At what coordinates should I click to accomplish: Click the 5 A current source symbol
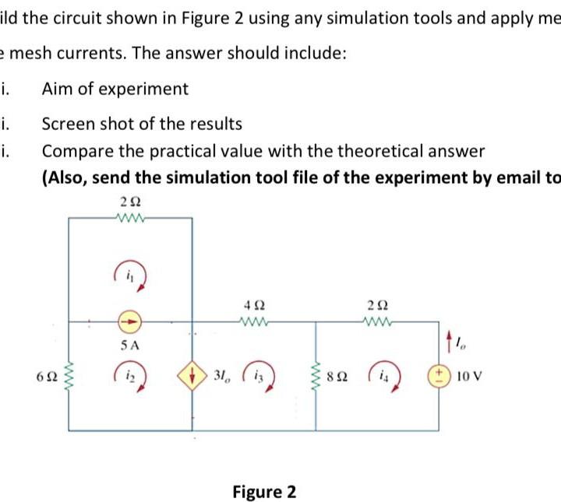click(x=130, y=320)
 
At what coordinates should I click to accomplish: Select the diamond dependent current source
click(x=192, y=376)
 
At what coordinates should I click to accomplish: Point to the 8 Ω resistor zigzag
click(x=316, y=377)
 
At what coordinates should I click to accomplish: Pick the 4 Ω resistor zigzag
click(x=254, y=319)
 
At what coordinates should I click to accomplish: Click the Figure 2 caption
click(x=264, y=492)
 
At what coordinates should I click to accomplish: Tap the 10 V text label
click(x=465, y=377)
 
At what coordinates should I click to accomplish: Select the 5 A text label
click(x=130, y=343)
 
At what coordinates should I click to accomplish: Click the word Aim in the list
click(x=56, y=89)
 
